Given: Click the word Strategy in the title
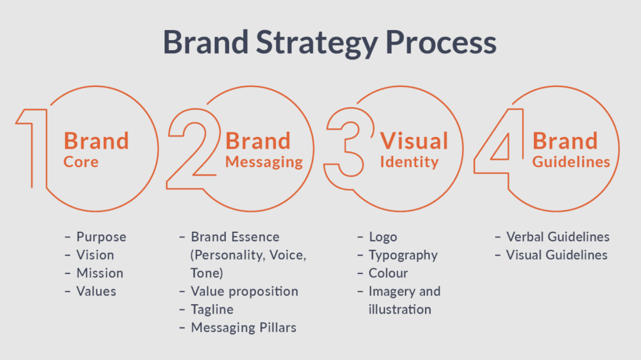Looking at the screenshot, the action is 317,43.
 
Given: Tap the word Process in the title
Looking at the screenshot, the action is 441,42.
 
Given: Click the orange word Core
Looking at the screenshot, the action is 81,162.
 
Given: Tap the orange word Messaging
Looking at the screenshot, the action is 264,162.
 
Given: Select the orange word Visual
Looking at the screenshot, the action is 414,141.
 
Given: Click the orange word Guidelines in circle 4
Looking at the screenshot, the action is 571,162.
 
